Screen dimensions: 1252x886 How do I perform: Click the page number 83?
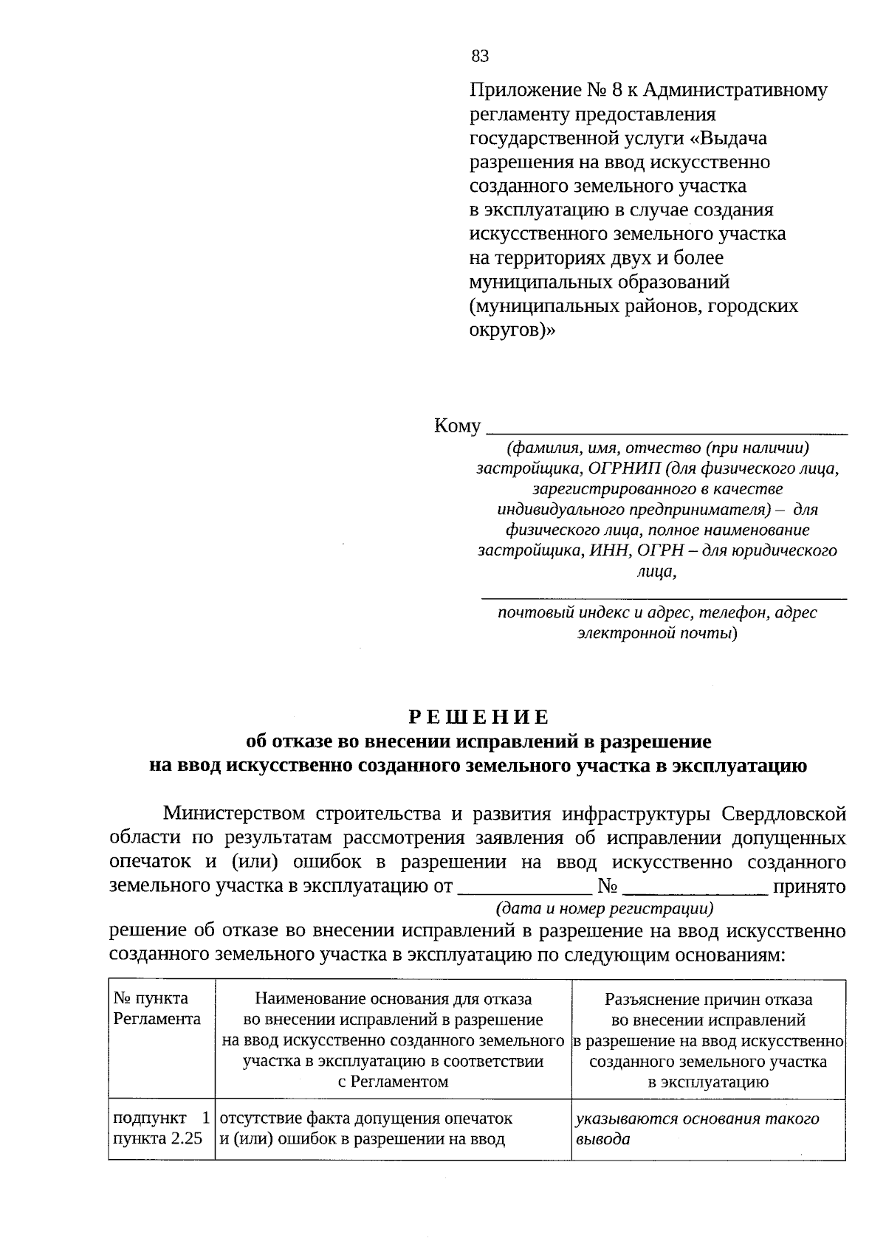point(480,57)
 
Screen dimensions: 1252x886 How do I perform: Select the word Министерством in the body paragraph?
point(234,814)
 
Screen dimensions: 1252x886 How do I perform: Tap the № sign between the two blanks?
point(608,886)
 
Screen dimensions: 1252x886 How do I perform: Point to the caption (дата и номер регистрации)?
point(605,908)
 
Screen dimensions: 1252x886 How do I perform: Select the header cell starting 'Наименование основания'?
point(393,1040)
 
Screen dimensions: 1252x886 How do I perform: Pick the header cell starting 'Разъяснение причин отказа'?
point(708,1040)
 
